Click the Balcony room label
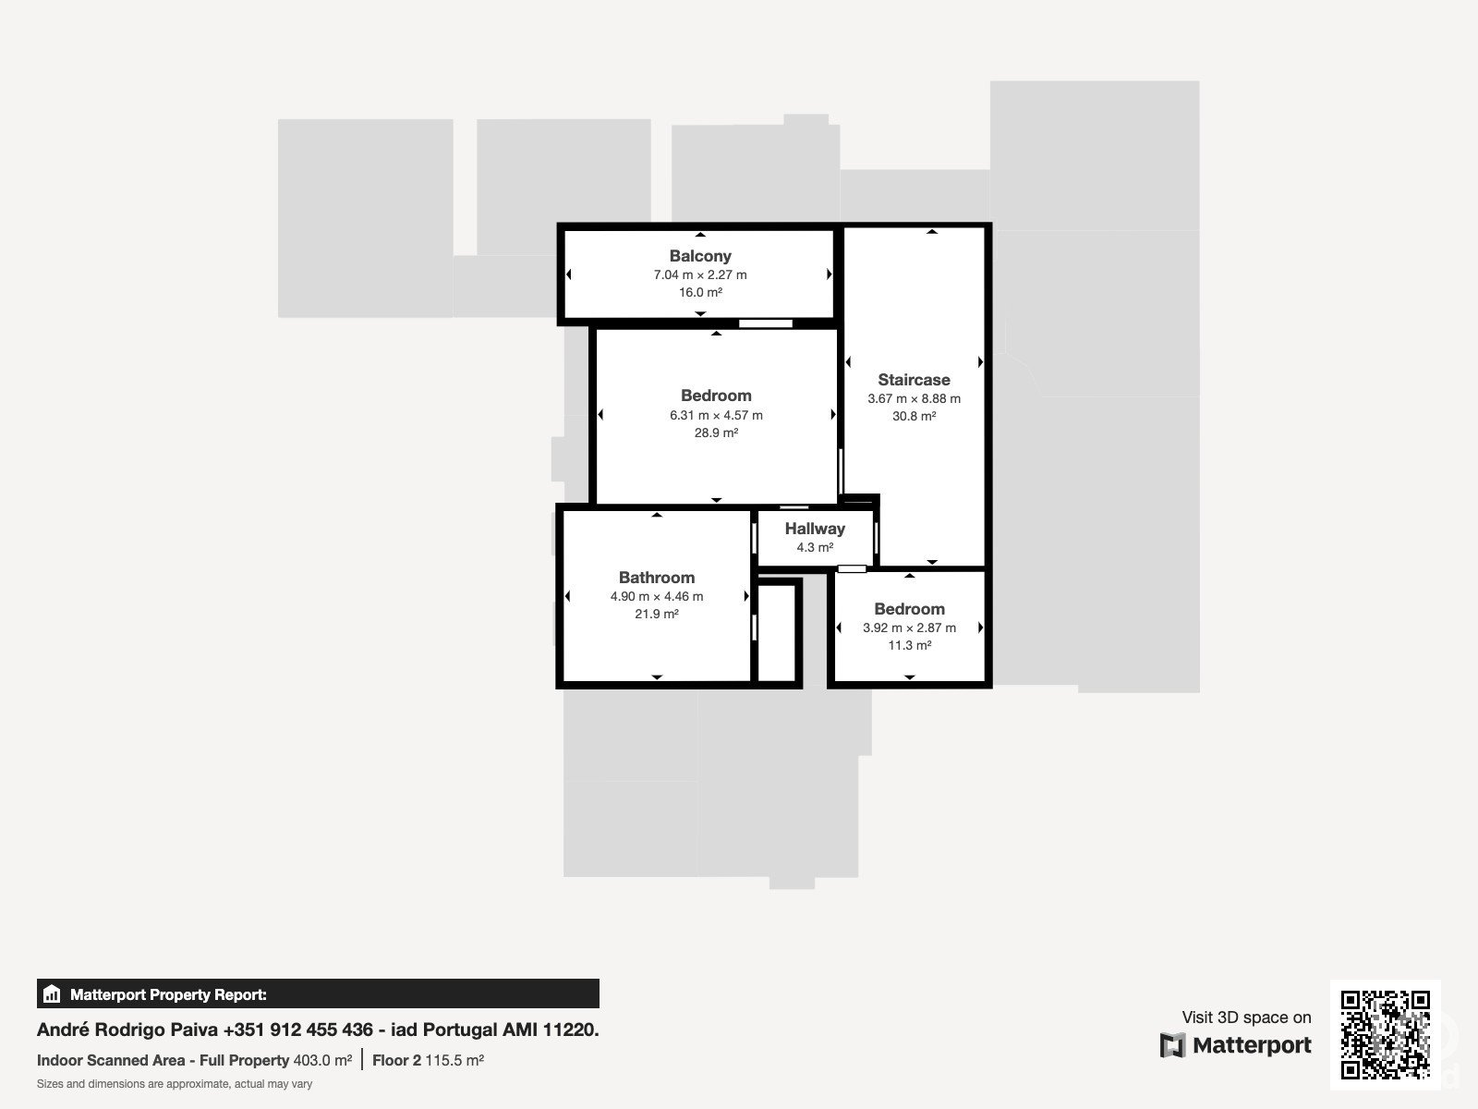700,256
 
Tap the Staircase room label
914,380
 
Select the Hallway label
815,529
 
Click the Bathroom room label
657,577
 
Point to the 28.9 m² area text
717,433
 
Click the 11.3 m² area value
910,645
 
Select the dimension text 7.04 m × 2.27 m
700,274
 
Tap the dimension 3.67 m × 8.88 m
914,398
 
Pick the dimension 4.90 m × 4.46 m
657,596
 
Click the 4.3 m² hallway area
815,547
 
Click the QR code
1385,1034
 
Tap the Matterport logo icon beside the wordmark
1172,1045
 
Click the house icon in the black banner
52,993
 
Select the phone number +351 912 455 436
297,1030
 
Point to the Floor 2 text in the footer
396,1061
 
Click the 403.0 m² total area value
322,1061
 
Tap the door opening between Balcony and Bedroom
766,323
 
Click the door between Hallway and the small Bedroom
852,569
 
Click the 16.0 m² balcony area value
700,292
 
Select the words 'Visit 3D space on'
1246,1018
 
